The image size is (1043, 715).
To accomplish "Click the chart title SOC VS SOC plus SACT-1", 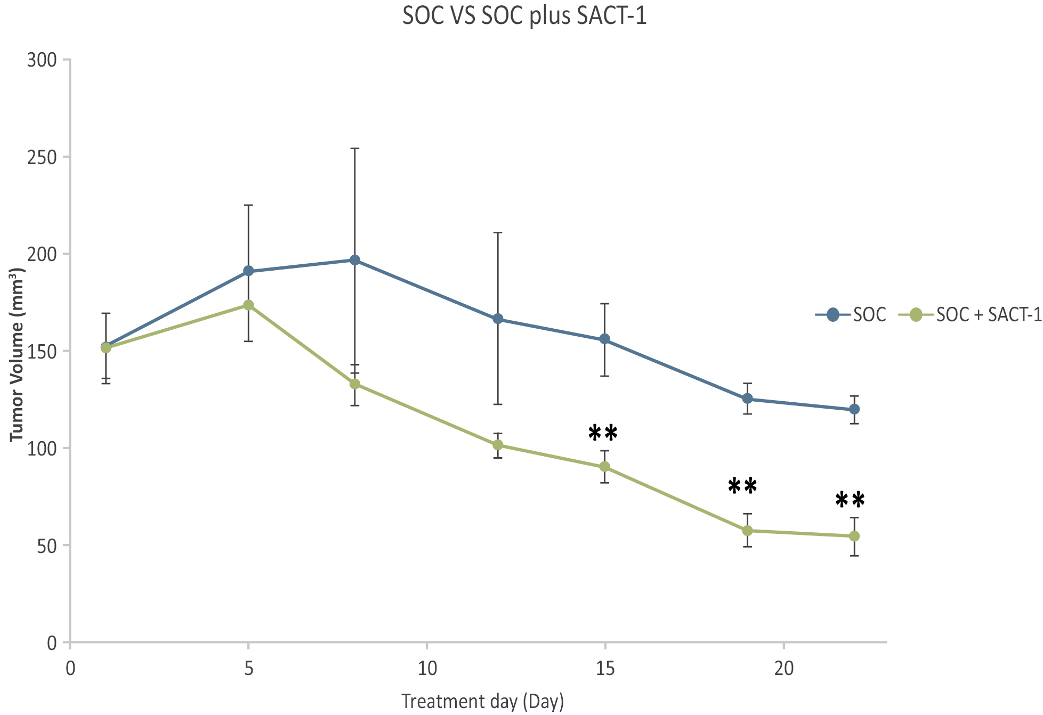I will tap(524, 16).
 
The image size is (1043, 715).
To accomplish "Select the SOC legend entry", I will tap(851, 315).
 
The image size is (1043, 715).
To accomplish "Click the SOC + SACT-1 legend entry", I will tap(970, 315).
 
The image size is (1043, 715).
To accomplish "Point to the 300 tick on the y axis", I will tap(42, 60).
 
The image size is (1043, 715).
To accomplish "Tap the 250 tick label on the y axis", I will tap(42, 157).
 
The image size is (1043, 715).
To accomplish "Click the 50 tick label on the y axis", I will tap(47, 546).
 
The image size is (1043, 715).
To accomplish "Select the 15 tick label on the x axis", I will tap(605, 668).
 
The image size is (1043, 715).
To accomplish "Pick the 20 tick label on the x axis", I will tap(783, 668).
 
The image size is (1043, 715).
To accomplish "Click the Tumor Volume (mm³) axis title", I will tap(17, 354).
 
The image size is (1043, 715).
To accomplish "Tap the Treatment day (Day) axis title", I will tap(482, 701).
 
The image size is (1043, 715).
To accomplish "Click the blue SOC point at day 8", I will tap(355, 260).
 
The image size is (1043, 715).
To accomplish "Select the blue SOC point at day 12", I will tap(498, 319).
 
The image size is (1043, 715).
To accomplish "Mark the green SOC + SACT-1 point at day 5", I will tap(248, 305).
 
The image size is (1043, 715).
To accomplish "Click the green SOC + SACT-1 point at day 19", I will tap(748, 531).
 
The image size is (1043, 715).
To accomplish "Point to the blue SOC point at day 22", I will tap(854, 409).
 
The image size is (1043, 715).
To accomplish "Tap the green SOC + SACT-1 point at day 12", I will tap(498, 445).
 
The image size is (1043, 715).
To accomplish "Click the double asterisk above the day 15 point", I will tap(603, 434).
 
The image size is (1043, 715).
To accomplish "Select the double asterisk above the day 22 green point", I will tap(850, 500).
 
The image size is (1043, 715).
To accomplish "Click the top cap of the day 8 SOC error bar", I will tap(355, 149).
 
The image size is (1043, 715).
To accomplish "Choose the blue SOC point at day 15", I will tap(605, 339).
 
